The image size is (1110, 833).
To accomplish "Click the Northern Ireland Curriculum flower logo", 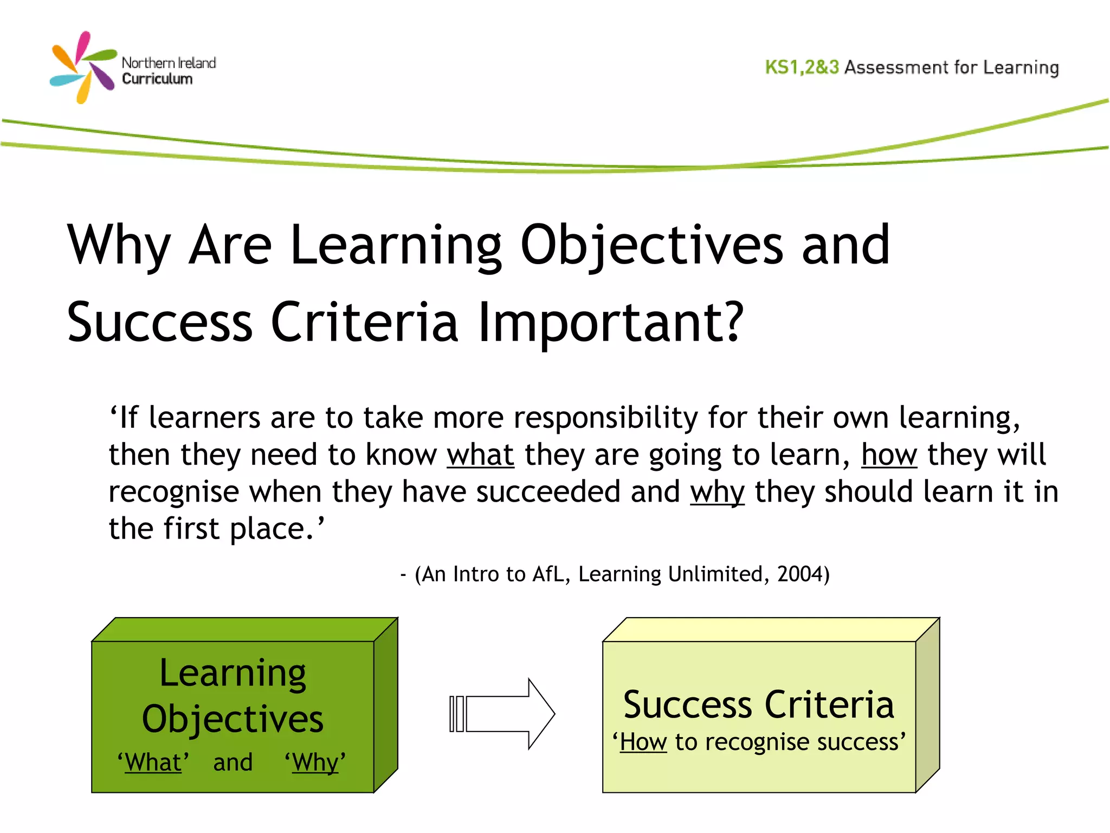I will click(83, 67).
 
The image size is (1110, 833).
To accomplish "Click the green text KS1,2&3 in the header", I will click(802, 67).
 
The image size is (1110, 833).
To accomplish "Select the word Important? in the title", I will click(611, 323).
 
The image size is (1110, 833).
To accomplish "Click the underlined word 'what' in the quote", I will click(480, 454).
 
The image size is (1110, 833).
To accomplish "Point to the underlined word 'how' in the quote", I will click(889, 454).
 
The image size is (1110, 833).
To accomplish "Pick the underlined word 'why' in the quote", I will click(717, 492).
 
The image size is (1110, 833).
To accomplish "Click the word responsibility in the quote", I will click(605, 418).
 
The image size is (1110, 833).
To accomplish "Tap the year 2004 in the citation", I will click(799, 574).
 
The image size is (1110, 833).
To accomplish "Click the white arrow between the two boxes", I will click(504, 714).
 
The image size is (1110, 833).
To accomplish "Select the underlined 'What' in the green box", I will click(153, 762).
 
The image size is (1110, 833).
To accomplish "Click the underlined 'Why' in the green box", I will click(315, 762).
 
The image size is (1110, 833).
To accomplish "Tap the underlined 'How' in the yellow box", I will click(643, 742).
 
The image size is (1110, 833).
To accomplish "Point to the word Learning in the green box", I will click(233, 674).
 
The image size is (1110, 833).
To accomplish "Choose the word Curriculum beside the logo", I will click(157, 79).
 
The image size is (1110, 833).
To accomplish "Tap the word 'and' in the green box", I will click(233, 762).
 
